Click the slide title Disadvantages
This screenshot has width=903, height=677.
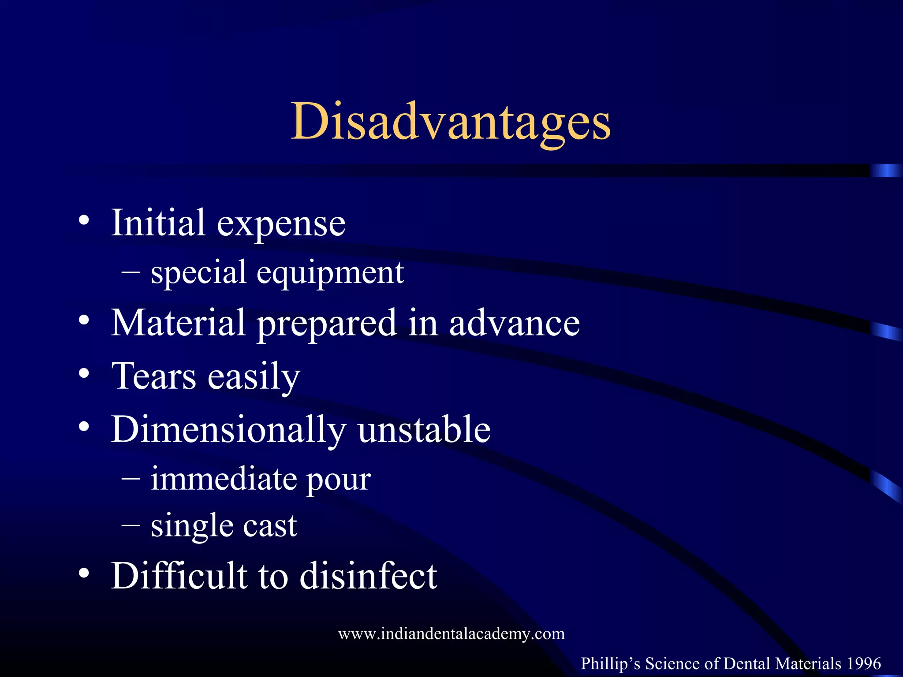(x=451, y=121)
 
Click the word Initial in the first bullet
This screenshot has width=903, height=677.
(x=158, y=223)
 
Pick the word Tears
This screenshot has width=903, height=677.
(x=154, y=376)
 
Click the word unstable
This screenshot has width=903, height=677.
(x=424, y=429)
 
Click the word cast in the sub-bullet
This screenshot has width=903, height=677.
(x=270, y=526)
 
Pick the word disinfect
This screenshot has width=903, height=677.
(x=368, y=576)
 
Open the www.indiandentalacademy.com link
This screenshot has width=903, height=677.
(x=451, y=634)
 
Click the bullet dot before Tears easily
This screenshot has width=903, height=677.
(x=84, y=374)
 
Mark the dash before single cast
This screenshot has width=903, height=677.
(x=131, y=525)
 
